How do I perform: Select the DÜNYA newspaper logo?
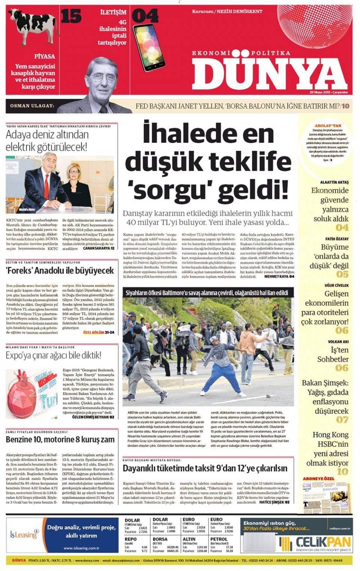tap(270, 73)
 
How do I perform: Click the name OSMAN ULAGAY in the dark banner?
tap(32, 106)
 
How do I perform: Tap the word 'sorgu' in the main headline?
tap(171, 189)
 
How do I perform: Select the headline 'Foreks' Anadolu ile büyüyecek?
tap(60, 270)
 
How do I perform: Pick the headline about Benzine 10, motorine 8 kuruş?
tap(60, 439)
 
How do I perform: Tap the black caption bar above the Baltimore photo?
tap(208, 293)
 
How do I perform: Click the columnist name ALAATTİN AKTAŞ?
tap(334, 182)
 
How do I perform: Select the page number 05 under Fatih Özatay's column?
tap(342, 274)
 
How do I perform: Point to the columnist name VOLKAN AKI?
tap(338, 342)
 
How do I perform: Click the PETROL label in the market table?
tap(219, 539)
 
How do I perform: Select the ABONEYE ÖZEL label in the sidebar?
tap(318, 479)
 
